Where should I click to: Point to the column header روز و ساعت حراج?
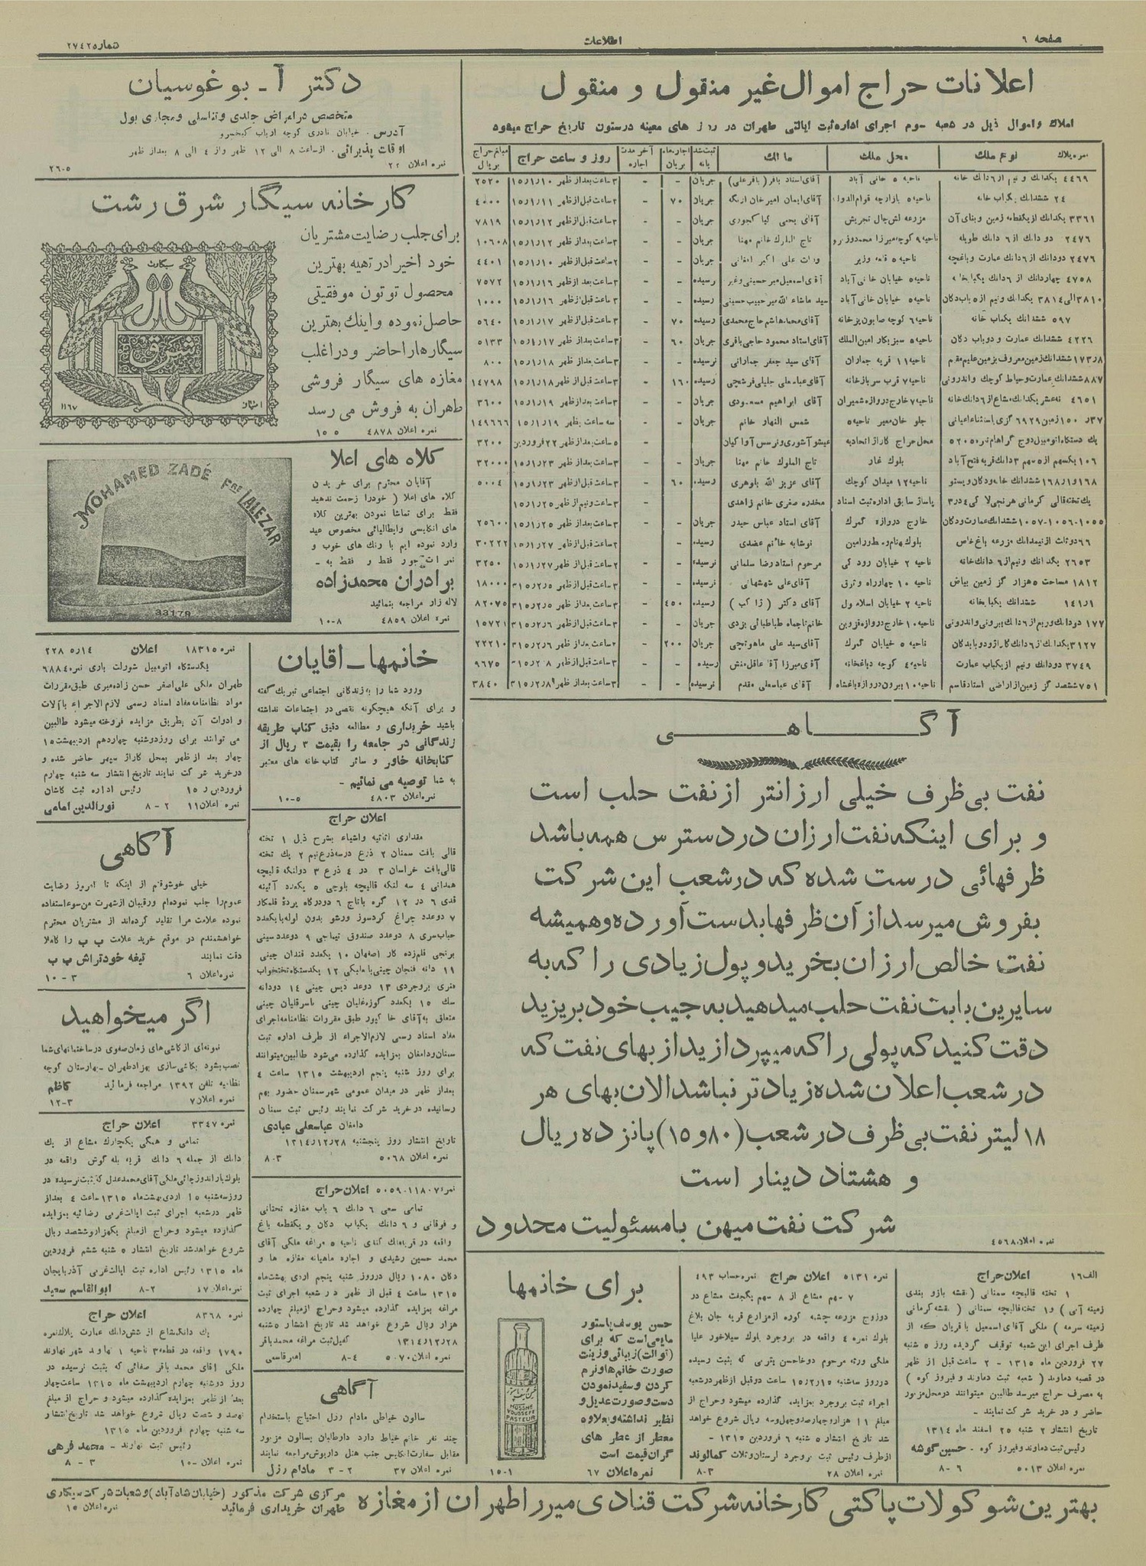[560, 161]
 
